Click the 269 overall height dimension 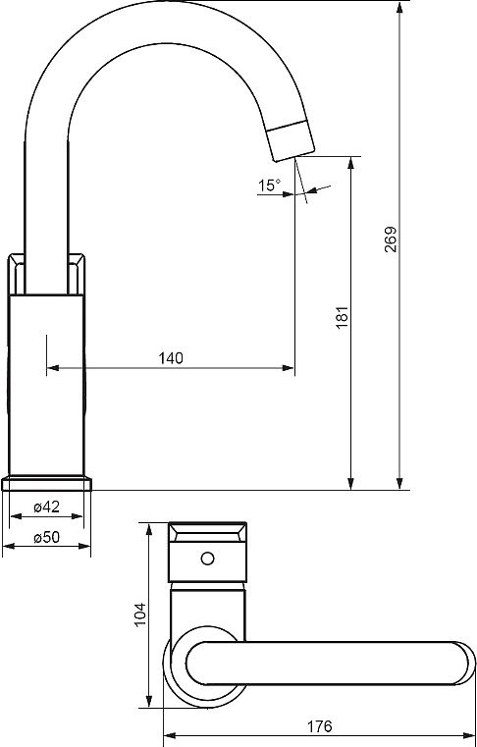click(x=391, y=240)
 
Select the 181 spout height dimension click(x=343, y=317)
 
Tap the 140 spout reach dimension click(x=171, y=358)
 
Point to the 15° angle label click(x=270, y=185)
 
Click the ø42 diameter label click(x=47, y=507)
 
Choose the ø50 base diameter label click(x=47, y=537)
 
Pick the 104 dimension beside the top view click(x=139, y=614)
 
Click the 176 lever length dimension click(x=319, y=726)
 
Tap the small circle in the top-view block click(x=207, y=559)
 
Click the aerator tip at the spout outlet click(x=291, y=140)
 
